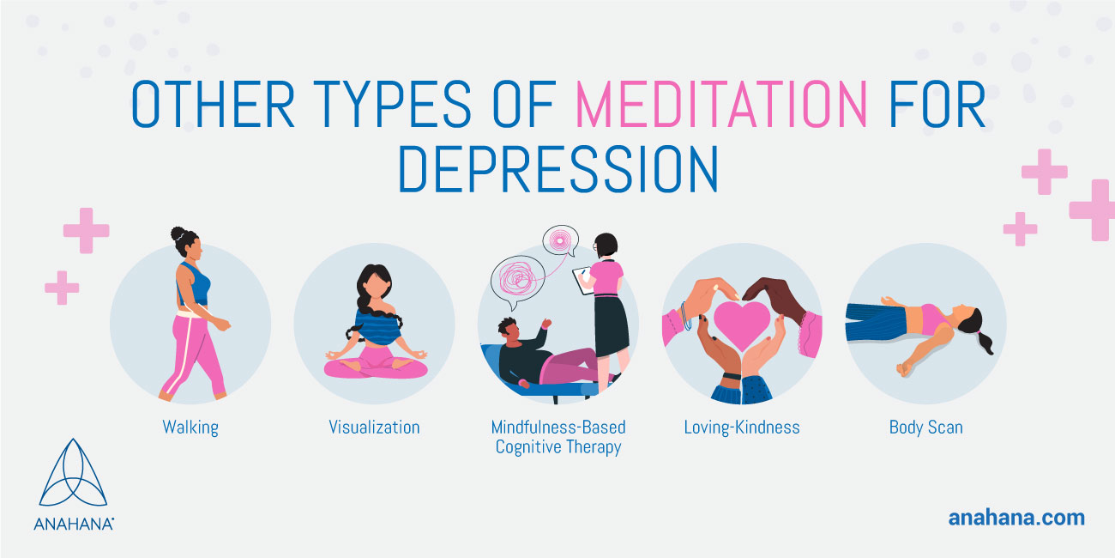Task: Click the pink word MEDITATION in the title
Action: [721, 104]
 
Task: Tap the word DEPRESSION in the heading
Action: [558, 168]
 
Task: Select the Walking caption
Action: [190, 428]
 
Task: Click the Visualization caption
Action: [374, 427]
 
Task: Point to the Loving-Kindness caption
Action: [742, 428]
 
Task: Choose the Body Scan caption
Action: [925, 428]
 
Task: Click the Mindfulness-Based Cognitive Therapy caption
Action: [558, 437]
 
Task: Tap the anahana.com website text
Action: [1016, 518]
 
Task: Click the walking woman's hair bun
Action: [178, 234]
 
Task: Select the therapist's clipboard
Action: [582, 280]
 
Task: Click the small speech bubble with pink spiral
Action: [560, 240]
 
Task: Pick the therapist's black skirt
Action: [612, 326]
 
